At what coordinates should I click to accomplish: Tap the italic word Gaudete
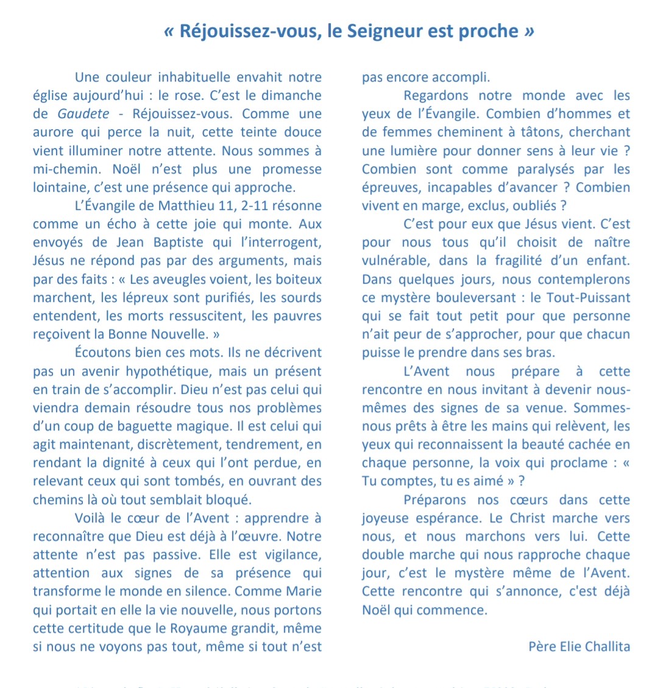tap(83, 114)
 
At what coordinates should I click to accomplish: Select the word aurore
tap(53, 132)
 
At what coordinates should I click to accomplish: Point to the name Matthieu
tap(182, 206)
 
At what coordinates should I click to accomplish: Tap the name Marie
tap(302, 592)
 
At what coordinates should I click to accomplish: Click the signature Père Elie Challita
tap(579, 647)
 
